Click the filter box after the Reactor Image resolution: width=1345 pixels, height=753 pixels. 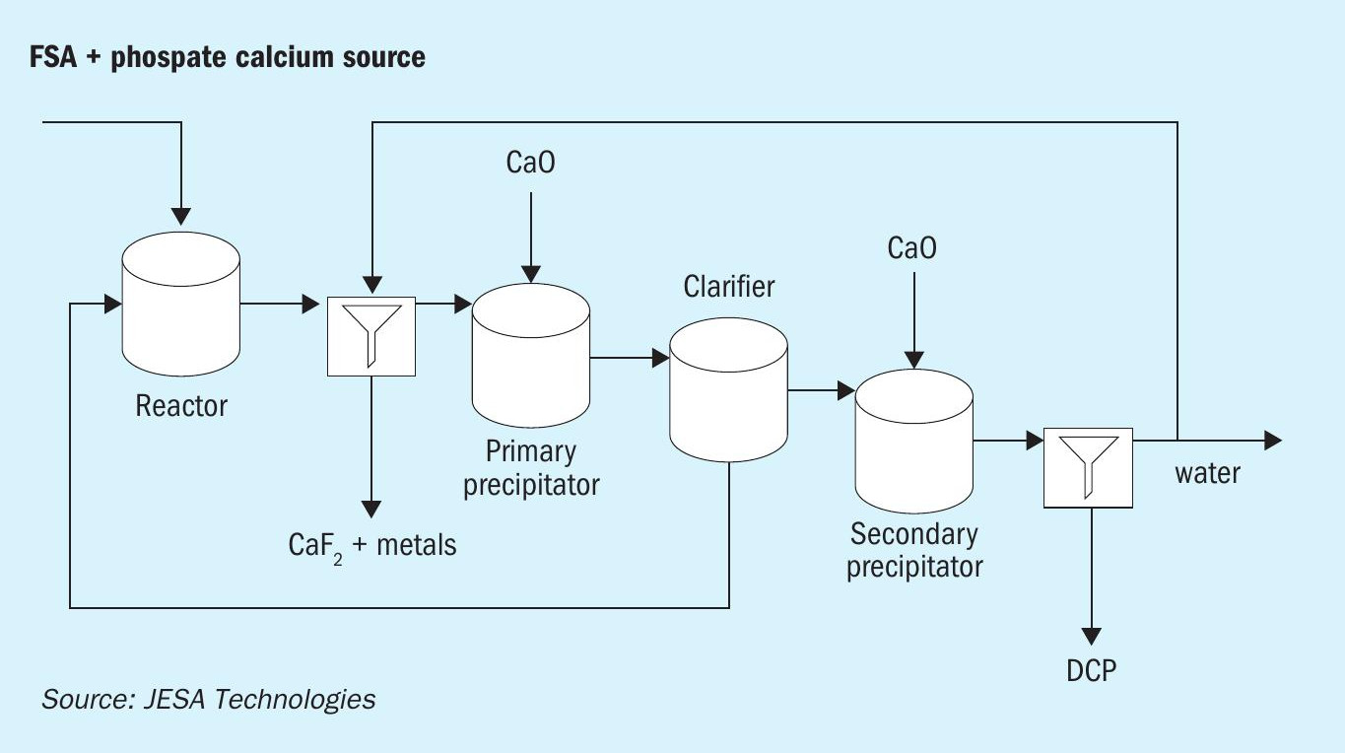click(371, 335)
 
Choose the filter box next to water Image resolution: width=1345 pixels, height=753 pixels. click(1088, 467)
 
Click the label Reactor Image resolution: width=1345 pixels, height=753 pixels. click(181, 405)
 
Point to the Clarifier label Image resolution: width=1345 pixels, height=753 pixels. click(729, 287)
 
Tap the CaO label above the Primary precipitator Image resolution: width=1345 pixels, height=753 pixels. click(530, 163)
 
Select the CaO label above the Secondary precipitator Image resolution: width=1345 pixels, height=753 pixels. click(912, 247)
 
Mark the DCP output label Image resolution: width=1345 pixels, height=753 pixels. click(1092, 670)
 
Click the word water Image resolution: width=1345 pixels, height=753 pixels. click(1207, 473)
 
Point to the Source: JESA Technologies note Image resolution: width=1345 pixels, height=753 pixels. click(208, 700)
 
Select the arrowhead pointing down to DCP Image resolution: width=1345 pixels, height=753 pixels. click(1091, 636)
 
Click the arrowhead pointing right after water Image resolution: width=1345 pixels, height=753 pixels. click(1272, 440)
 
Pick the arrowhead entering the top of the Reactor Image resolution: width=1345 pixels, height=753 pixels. click(180, 214)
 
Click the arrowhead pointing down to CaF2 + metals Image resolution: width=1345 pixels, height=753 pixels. click(371, 509)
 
